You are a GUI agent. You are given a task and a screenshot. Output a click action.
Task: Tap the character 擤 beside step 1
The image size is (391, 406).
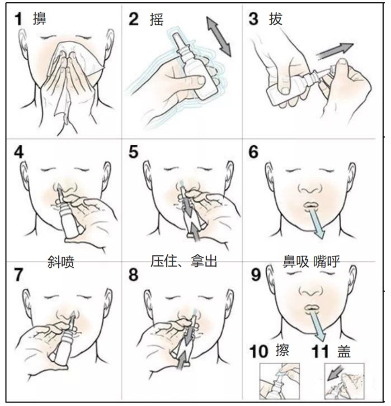point(40,19)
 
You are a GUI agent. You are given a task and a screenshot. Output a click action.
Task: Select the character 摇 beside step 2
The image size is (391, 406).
point(157,19)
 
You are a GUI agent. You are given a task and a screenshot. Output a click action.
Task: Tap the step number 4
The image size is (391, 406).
point(19,152)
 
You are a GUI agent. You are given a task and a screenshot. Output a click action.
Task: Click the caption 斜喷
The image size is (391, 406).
point(61,263)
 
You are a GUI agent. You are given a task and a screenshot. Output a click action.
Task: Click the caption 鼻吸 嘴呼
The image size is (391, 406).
point(311,261)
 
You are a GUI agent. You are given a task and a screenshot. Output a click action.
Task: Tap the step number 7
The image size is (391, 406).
point(19,275)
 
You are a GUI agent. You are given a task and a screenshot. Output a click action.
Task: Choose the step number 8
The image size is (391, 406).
point(133,275)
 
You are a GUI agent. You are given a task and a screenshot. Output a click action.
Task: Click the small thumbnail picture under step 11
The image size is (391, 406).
point(344,381)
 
